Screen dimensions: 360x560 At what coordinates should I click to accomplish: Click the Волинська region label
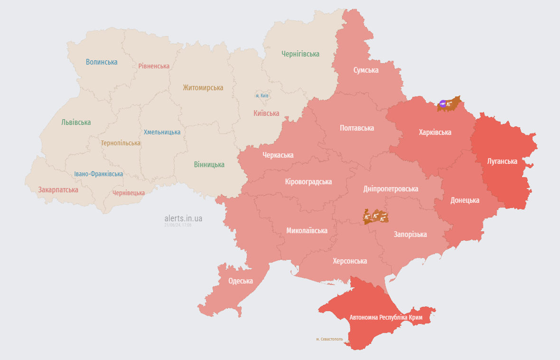(102, 62)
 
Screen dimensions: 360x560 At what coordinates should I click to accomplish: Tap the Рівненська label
(154, 66)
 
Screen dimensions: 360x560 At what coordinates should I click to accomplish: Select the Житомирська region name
(203, 87)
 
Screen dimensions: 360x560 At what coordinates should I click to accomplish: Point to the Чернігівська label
(300, 54)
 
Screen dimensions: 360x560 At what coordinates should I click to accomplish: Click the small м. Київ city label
(262, 95)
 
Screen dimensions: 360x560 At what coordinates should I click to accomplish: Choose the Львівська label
(76, 122)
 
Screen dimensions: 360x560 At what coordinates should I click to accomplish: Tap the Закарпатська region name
(58, 189)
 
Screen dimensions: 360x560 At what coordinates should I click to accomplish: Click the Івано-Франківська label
(98, 174)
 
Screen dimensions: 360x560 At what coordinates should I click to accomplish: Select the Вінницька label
(209, 164)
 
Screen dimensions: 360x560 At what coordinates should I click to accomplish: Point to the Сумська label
(366, 70)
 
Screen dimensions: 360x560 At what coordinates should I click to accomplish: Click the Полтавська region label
(357, 128)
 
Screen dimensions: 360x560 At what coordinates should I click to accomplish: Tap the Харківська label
(435, 132)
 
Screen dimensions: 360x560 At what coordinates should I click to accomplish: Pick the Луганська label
(502, 161)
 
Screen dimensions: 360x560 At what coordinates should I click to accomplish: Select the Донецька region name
(465, 200)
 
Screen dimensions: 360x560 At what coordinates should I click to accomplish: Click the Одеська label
(241, 281)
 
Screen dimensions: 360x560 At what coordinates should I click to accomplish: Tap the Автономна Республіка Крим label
(386, 317)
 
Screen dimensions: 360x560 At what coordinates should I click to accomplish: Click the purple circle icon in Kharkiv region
(443, 104)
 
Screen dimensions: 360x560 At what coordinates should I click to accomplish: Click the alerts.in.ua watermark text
(183, 218)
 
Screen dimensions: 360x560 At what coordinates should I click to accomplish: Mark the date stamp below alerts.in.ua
(178, 225)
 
